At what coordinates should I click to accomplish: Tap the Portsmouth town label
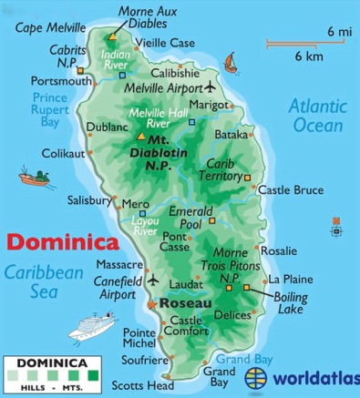tap(36, 80)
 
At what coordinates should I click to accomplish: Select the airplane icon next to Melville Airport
tap(211, 87)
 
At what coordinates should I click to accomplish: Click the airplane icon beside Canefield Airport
tap(152, 279)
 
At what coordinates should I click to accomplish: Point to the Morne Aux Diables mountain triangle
tap(113, 37)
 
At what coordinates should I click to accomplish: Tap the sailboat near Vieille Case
tap(231, 63)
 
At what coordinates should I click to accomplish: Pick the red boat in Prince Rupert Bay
tap(35, 173)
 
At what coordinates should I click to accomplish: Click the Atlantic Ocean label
tap(317, 117)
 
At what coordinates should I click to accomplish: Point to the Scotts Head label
tap(149, 385)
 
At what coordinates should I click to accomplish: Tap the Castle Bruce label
tap(290, 190)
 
